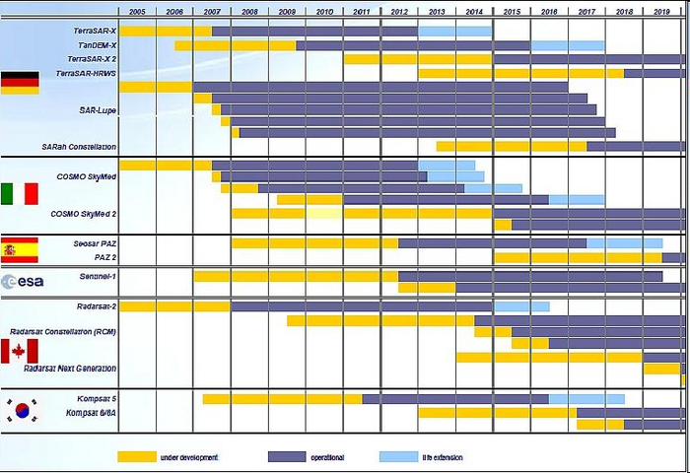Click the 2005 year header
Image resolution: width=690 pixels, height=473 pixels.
click(x=137, y=11)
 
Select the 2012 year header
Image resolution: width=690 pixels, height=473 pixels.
click(x=399, y=11)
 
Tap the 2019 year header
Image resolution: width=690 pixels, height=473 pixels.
click(x=661, y=11)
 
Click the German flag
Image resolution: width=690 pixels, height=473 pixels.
click(x=20, y=84)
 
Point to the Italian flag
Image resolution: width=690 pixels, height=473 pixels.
click(x=20, y=193)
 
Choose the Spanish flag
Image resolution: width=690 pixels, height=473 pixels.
click(x=20, y=247)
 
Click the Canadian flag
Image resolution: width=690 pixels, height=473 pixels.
click(x=20, y=351)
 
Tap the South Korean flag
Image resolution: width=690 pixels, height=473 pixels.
click(x=20, y=410)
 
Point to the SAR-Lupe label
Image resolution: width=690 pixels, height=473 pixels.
click(x=98, y=110)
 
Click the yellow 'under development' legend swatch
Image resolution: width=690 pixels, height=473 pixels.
click(x=137, y=456)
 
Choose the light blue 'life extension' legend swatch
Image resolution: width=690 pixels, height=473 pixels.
click(x=398, y=456)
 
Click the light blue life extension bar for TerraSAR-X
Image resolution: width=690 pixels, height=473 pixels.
click(x=454, y=32)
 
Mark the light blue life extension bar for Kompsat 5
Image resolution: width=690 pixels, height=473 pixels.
click(x=586, y=399)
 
